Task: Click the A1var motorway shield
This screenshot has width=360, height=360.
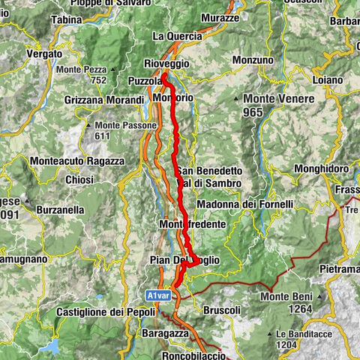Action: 158,295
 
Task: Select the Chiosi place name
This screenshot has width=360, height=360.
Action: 79,180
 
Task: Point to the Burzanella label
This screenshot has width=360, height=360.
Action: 63,211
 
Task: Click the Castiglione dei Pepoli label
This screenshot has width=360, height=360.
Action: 106,312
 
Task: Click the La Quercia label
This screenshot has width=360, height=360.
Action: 177,35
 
